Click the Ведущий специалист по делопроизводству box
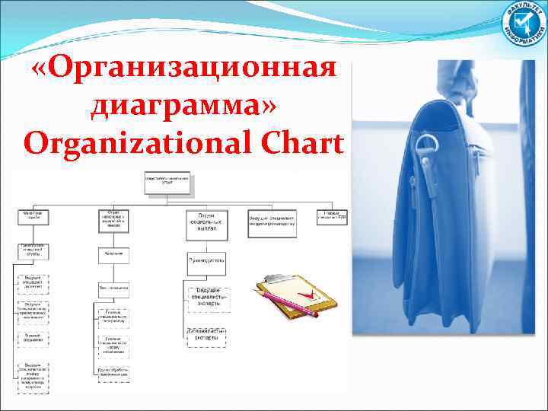tap(271, 218)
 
